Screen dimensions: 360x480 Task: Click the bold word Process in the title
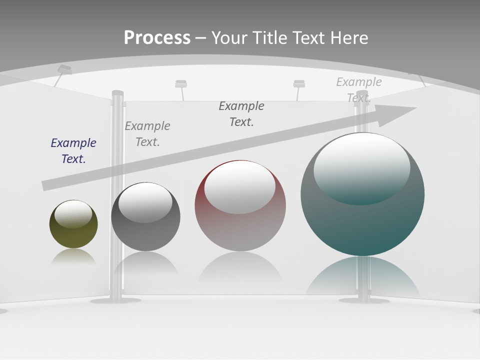point(157,38)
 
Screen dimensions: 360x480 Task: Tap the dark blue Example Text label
point(73,150)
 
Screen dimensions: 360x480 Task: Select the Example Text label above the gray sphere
point(147,133)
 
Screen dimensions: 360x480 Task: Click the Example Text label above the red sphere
point(241,113)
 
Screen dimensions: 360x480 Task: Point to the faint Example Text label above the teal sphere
point(358,89)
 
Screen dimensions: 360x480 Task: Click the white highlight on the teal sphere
point(361,167)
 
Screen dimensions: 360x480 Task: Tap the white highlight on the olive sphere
point(73,213)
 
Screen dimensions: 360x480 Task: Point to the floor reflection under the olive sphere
point(73,257)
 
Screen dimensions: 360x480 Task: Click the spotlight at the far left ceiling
point(64,70)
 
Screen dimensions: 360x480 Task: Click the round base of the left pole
point(108,300)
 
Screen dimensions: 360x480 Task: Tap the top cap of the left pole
point(117,93)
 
